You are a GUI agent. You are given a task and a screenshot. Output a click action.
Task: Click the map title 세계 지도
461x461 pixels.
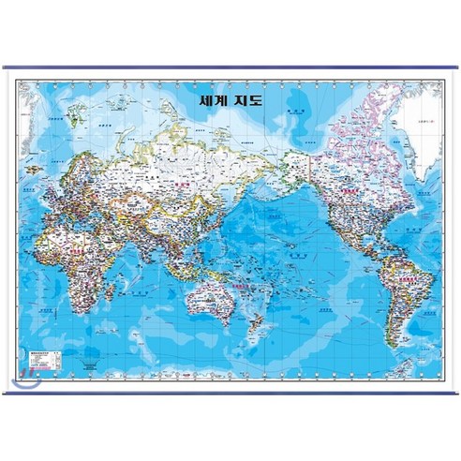(x=230, y=96)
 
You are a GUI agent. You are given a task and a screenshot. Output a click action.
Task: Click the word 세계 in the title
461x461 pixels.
(x=215, y=96)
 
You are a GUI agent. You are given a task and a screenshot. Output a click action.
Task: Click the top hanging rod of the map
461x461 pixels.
(x=230, y=67)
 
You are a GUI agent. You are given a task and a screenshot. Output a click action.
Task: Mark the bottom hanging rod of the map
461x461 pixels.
(x=230, y=393)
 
